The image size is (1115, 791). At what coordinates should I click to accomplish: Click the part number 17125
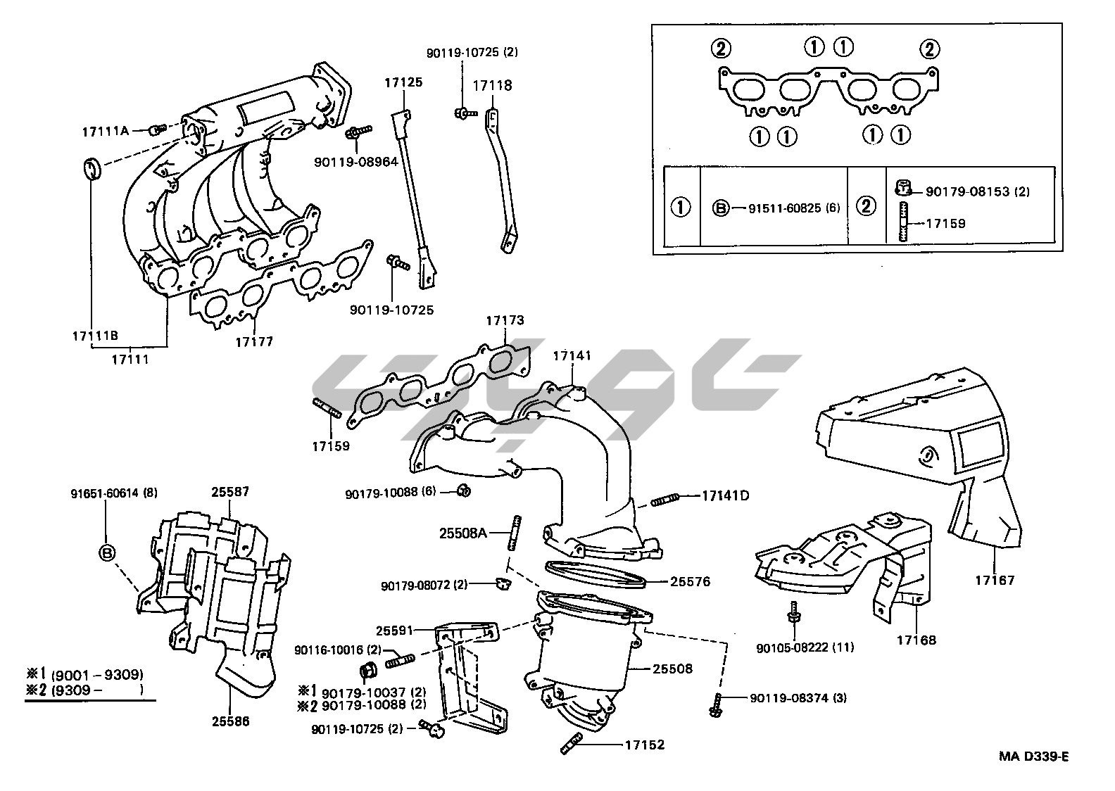coord(403,82)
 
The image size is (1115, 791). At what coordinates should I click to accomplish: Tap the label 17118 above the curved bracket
coord(492,86)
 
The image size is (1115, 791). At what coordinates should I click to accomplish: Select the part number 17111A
coord(106,132)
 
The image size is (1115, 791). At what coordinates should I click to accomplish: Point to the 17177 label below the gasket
coord(253,342)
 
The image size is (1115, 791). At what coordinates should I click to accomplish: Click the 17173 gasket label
coord(505,321)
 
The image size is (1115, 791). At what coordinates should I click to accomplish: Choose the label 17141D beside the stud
coord(725,495)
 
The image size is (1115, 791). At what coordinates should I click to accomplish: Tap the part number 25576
coord(690,582)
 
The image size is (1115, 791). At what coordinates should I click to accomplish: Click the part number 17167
coord(995,581)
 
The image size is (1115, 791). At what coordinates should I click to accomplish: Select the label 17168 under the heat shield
coord(916,640)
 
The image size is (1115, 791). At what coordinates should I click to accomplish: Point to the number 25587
coord(230,492)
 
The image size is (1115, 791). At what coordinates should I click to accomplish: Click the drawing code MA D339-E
coord(1033,757)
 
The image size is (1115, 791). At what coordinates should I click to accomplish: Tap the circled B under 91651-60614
coord(106,553)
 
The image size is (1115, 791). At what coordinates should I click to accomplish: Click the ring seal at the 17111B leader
coord(92,170)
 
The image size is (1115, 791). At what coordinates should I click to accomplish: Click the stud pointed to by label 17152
coord(570,744)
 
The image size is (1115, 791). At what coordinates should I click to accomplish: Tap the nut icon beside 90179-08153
coord(903,188)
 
